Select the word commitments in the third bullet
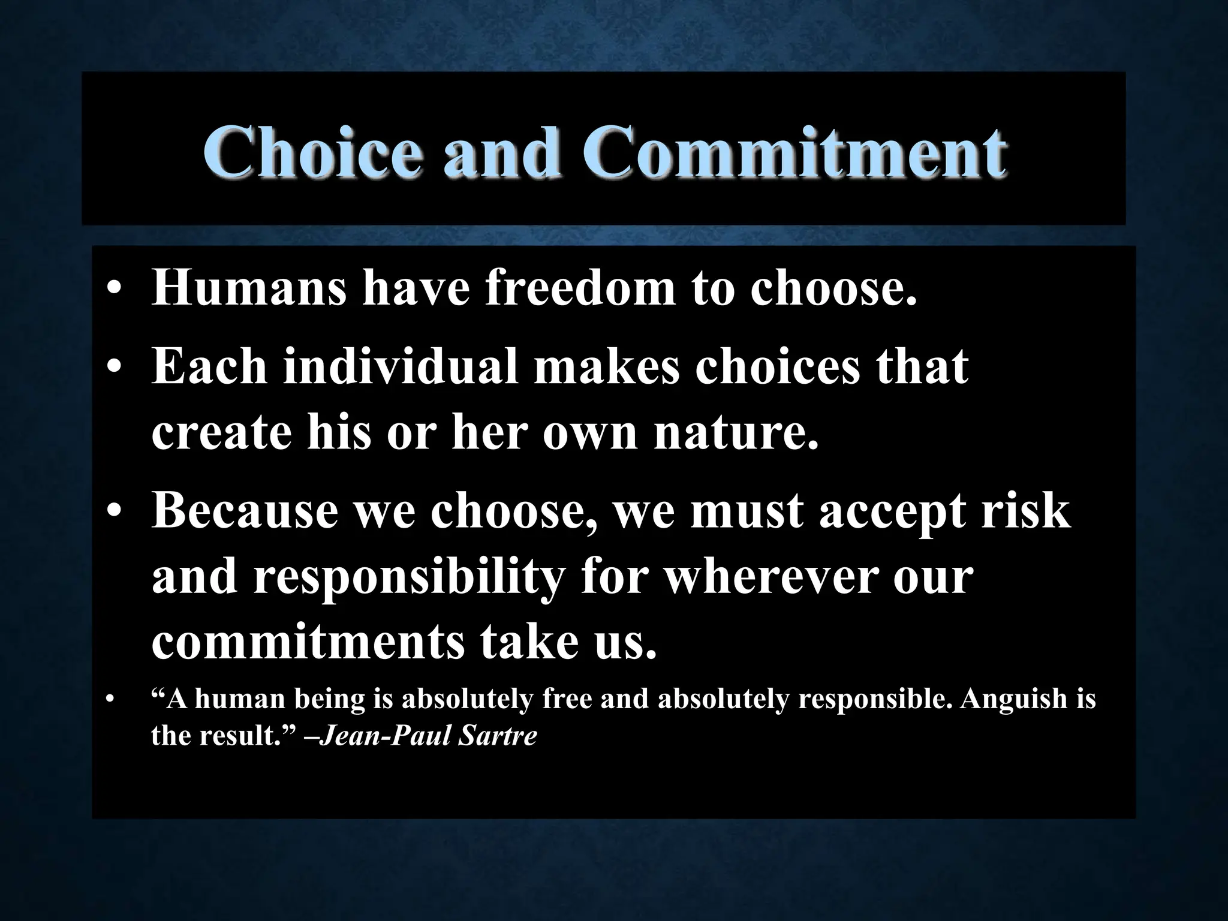308,643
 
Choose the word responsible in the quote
875,699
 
